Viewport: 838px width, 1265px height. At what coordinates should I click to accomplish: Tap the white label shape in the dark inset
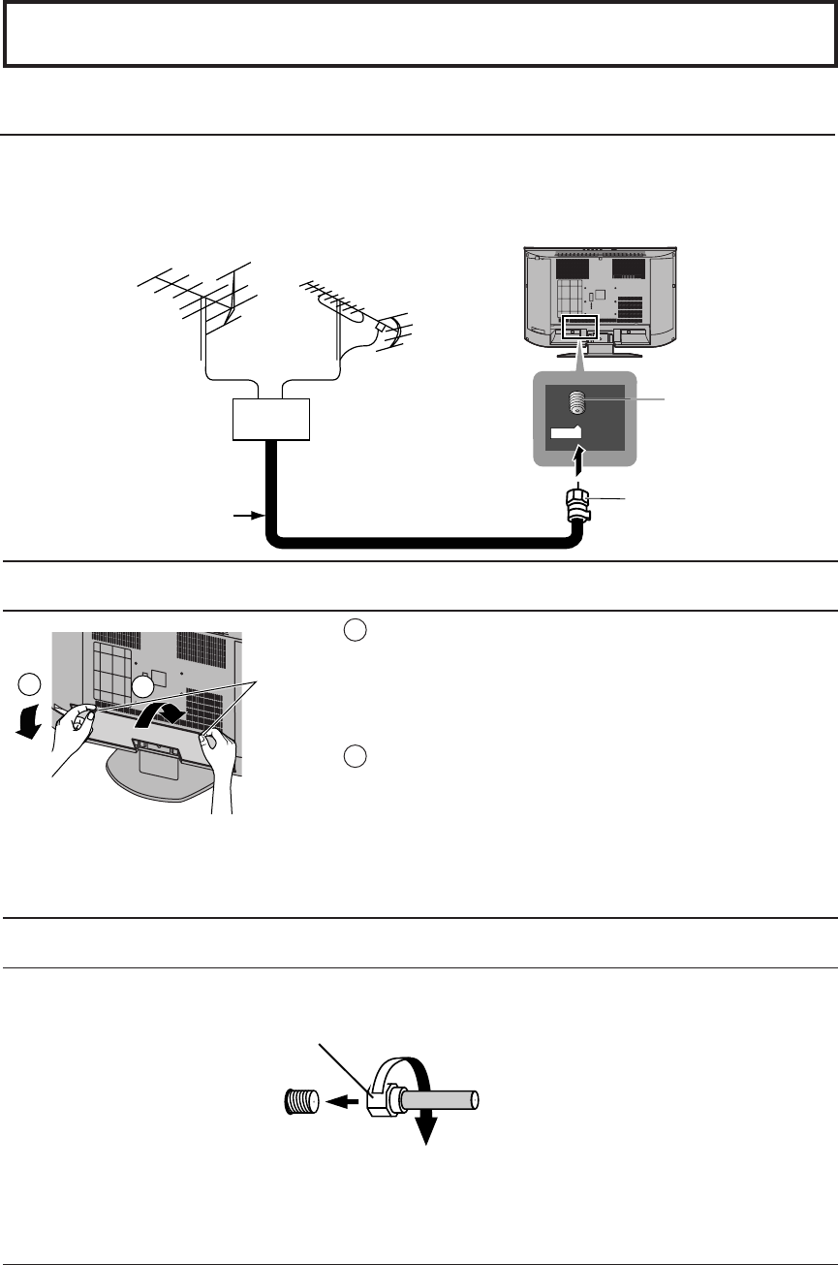click(564, 433)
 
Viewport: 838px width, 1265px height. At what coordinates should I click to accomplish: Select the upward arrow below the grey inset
click(578, 459)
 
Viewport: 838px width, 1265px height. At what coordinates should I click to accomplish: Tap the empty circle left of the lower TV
click(29, 684)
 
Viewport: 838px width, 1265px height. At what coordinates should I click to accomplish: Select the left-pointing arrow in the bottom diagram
click(344, 1101)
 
